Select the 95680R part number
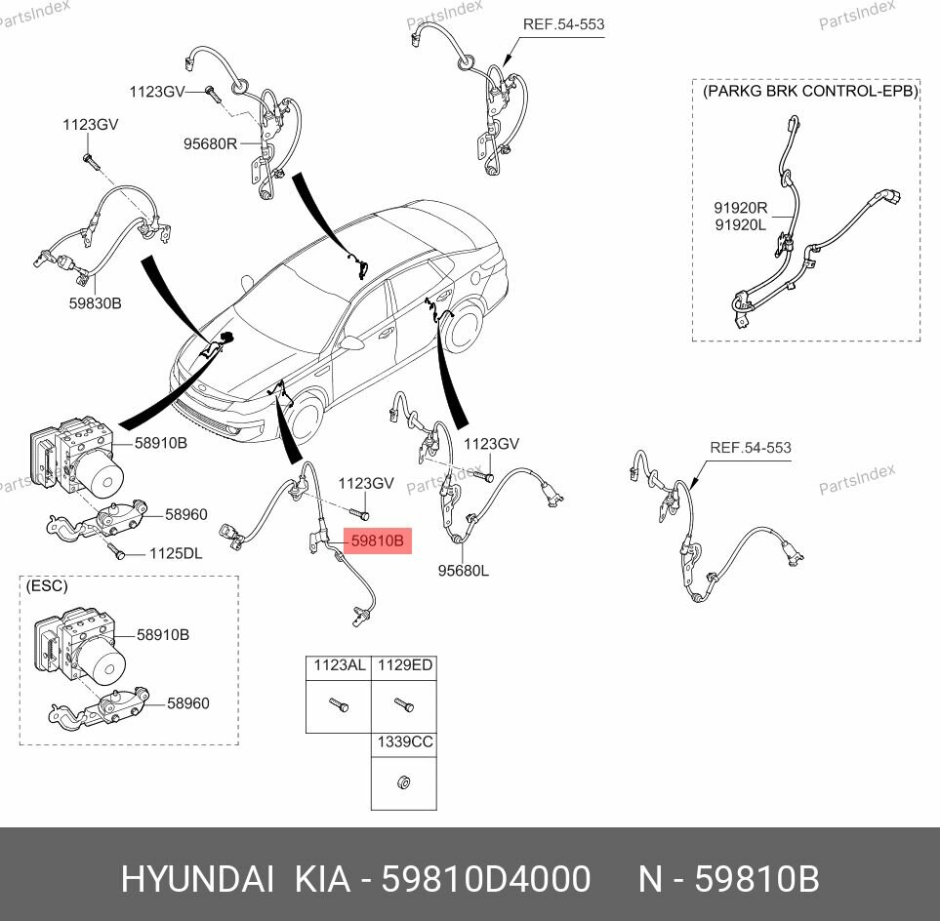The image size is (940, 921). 211,143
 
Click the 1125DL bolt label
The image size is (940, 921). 176,553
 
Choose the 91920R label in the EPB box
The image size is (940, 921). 741,208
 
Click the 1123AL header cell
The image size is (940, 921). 339,665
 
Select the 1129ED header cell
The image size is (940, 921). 405,665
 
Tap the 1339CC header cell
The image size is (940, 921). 405,741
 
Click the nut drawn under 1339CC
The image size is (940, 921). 403,781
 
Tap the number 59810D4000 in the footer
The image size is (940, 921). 485,880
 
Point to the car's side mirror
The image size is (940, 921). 351,343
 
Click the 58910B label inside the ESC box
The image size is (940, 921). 163,635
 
